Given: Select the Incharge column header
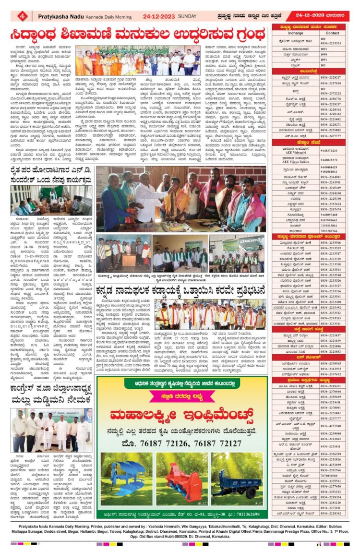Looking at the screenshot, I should pos(296,33).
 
